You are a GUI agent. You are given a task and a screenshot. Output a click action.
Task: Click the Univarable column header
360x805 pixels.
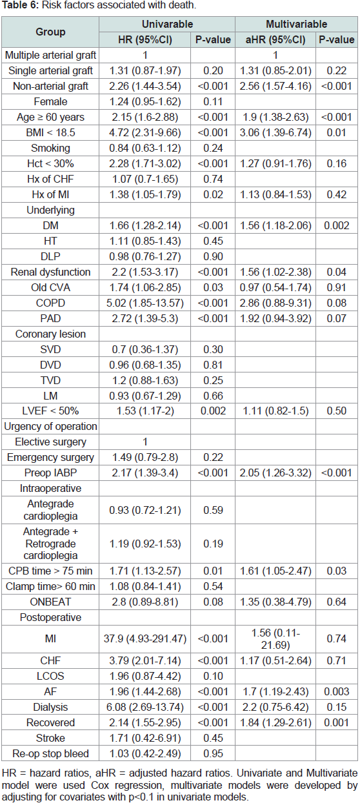pyautogui.click(x=167, y=24)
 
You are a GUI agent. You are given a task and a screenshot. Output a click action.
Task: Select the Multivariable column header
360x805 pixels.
pyautogui.click(x=296, y=24)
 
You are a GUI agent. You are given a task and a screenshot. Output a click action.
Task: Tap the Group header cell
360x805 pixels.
pyautogui.click(x=50, y=32)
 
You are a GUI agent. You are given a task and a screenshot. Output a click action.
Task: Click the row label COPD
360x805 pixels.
pyautogui.click(x=50, y=303)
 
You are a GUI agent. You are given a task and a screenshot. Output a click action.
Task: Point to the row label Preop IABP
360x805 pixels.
pyautogui.click(x=50, y=473)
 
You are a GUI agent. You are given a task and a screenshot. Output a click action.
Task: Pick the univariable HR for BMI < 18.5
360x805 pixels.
pyautogui.click(x=145, y=132)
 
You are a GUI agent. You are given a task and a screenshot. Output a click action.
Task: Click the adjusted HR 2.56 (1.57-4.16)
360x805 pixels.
pyautogui.click(x=275, y=87)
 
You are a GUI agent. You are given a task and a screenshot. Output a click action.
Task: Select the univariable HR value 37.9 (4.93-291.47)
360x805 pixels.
pyautogui.click(x=145, y=638)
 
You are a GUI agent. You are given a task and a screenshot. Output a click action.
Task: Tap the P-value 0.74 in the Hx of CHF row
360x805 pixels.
pyautogui.click(x=213, y=179)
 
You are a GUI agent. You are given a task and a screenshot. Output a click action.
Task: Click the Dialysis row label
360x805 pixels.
pyautogui.click(x=50, y=707)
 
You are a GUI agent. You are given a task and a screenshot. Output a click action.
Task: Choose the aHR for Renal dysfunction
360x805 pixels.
pyautogui.click(x=275, y=272)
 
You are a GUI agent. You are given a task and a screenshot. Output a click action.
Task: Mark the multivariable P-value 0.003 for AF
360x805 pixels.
pyautogui.click(x=337, y=691)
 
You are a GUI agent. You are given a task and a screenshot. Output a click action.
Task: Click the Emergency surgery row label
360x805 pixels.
pyautogui.click(x=50, y=458)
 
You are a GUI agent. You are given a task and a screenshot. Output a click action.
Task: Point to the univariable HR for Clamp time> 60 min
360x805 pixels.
pyautogui.click(x=145, y=587)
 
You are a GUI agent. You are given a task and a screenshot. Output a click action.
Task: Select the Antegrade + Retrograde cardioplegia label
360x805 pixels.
pyautogui.click(x=50, y=544)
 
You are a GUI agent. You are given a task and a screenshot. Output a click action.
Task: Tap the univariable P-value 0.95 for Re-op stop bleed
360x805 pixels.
pyautogui.click(x=213, y=753)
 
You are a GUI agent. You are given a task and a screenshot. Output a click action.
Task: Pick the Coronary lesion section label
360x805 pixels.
pyautogui.click(x=50, y=334)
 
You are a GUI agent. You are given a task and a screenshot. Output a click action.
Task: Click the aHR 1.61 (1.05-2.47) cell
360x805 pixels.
pyautogui.click(x=275, y=571)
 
